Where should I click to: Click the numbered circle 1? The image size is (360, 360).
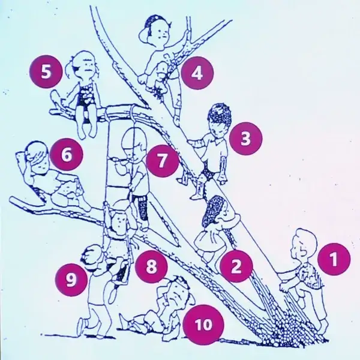pos(334,259)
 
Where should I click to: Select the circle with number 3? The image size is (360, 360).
pos(245,139)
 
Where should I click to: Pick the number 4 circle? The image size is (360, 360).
pos(197,73)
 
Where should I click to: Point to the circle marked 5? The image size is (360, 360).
pos(46,71)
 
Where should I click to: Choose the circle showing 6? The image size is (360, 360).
pos(67,154)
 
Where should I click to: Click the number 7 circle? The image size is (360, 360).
pos(163,161)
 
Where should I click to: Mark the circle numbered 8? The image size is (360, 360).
pos(151,266)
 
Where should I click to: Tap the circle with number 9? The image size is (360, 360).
pos(71,280)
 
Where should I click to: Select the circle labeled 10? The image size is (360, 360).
pos(203,325)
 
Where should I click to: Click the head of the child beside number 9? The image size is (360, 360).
pos(92,257)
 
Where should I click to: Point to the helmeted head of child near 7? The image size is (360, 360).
pos(134,144)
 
